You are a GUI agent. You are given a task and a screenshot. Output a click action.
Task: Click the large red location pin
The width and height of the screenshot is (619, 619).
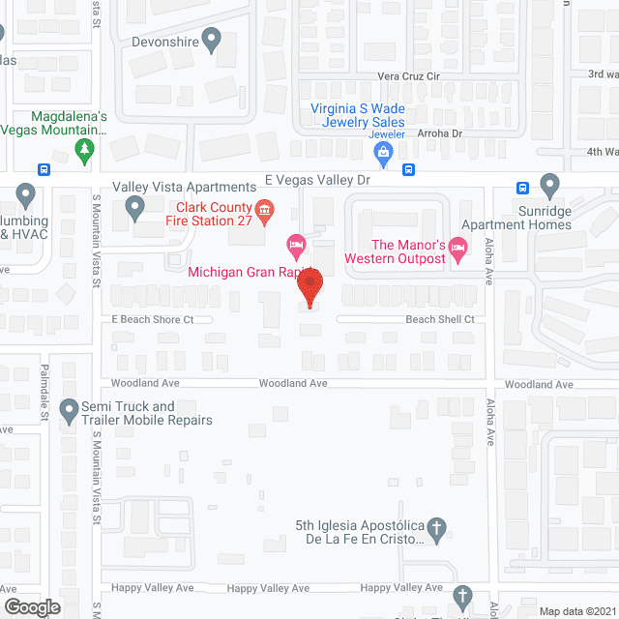click(309, 288)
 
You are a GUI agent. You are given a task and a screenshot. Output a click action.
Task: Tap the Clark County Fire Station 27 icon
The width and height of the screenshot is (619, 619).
click(262, 209)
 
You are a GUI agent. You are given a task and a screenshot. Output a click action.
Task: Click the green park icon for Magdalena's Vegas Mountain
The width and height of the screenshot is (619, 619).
click(85, 150)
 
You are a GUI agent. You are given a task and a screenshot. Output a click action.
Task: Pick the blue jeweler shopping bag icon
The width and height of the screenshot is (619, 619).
click(385, 151)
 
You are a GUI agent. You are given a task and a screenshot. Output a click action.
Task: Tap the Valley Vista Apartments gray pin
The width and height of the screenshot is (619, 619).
click(135, 206)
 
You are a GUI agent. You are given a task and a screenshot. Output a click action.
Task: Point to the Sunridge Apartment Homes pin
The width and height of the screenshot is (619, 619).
click(550, 184)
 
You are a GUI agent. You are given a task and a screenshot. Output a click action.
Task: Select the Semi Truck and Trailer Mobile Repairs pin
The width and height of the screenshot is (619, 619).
click(69, 413)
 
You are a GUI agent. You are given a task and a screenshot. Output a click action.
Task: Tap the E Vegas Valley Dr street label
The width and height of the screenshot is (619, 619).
click(318, 179)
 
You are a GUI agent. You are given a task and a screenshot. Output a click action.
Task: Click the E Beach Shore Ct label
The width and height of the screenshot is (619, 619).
click(153, 319)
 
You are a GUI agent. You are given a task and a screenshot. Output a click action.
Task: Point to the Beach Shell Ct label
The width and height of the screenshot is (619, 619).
click(440, 319)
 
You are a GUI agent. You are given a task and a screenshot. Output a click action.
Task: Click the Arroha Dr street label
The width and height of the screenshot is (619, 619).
click(440, 134)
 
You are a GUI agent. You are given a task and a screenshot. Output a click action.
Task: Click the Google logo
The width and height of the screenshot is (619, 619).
click(31, 606)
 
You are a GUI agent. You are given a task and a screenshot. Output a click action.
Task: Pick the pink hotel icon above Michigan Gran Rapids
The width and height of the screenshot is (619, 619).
click(297, 242)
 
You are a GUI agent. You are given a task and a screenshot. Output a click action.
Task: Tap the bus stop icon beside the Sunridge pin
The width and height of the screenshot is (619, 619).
click(522, 188)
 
